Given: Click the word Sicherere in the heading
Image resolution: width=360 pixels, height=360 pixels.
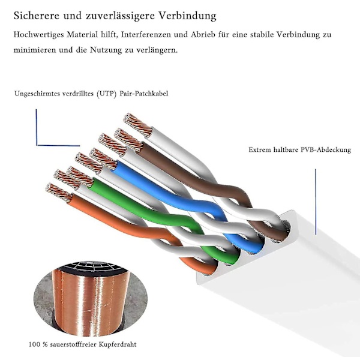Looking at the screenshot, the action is click(x=37, y=16).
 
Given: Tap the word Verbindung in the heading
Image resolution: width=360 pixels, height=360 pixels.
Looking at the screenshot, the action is click(x=188, y=16).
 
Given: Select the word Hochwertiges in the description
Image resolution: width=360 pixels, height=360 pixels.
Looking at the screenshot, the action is click(x=40, y=35).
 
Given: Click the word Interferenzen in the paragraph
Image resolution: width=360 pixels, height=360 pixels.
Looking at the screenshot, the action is click(x=146, y=35).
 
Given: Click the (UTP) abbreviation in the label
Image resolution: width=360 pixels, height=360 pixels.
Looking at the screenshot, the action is click(x=107, y=94).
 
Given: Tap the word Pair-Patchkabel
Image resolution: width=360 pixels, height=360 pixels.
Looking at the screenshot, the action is click(x=144, y=94).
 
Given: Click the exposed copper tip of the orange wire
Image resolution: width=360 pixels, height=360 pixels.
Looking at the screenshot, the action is click(x=59, y=193).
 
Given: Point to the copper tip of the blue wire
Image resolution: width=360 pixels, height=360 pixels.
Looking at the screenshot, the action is click(x=103, y=158).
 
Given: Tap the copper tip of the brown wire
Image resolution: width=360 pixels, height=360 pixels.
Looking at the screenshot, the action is click(x=128, y=140).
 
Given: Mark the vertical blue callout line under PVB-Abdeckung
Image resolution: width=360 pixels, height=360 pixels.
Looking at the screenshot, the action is click(x=316, y=202).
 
